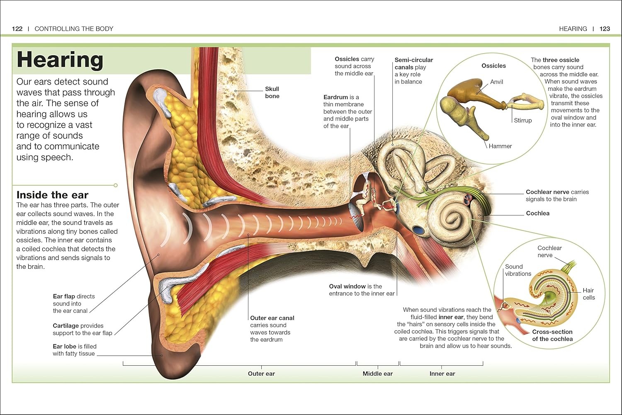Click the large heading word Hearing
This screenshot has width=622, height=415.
[x=60, y=60]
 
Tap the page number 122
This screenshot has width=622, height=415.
[x=17, y=29]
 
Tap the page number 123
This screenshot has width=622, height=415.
[x=605, y=29]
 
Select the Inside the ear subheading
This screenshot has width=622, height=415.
[x=52, y=195]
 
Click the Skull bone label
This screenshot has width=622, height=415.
[x=272, y=92]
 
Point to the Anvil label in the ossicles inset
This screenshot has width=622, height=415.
[x=496, y=82]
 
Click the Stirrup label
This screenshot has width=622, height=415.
[x=522, y=120]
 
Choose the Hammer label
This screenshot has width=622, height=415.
[x=500, y=146]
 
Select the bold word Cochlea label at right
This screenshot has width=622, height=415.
[x=537, y=213]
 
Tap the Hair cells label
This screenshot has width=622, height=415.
[x=588, y=294]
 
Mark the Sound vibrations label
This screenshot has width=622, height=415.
[x=518, y=270]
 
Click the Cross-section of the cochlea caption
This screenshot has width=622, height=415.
[x=552, y=335]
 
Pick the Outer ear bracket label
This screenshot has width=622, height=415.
[x=261, y=374]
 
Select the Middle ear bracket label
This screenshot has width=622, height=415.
[x=377, y=374]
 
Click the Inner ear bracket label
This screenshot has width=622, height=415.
[x=442, y=374]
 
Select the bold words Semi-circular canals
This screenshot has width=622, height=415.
[x=413, y=63]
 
